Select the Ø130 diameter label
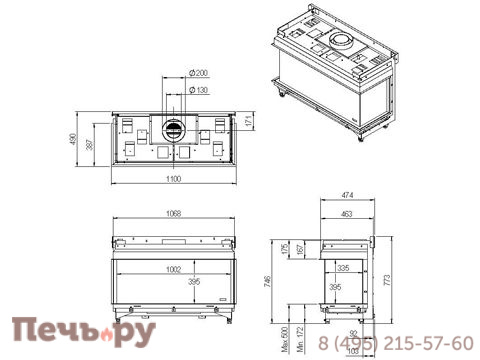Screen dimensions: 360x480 [202, 90]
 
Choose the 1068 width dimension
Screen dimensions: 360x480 [173, 214]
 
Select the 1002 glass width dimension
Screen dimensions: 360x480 [173, 268]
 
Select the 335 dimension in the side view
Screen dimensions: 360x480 [343, 269]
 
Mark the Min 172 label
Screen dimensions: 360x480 [297, 331]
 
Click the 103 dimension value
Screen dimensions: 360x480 [352, 351]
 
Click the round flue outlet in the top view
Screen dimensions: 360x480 [172, 129]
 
